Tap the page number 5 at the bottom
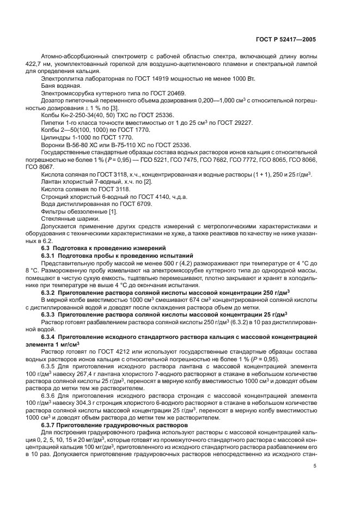tap(315, 466)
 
